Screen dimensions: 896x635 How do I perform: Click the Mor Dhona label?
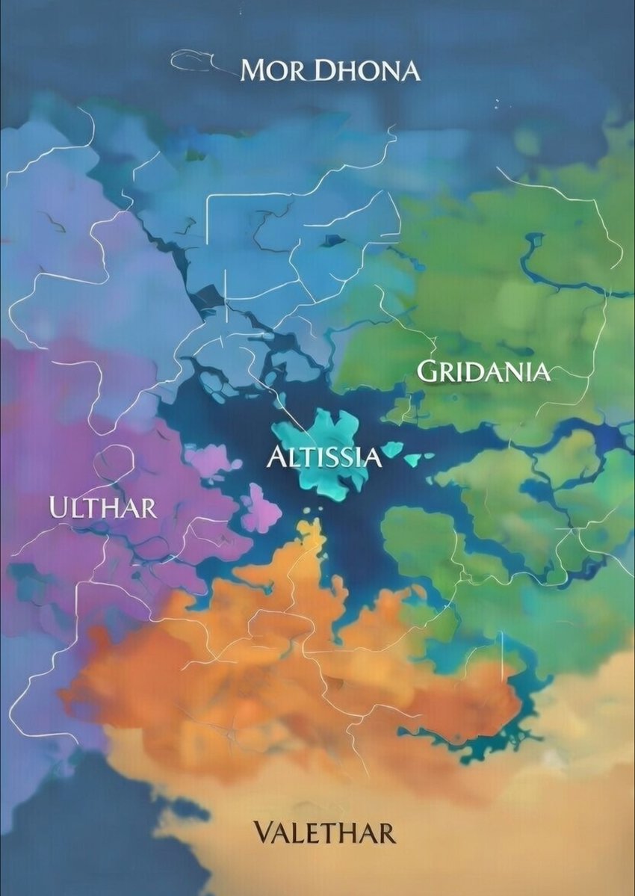pos(329,71)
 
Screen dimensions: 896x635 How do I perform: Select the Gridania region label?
pos(483,371)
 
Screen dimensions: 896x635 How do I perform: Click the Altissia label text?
pos(324,457)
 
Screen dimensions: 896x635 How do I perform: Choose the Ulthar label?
pos(103,507)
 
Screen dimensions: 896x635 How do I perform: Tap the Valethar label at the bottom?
pos(323,832)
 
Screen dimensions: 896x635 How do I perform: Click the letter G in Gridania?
pos(426,371)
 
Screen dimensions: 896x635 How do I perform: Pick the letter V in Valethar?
pos(262,832)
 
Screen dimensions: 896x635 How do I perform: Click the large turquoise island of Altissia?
pos(321,433)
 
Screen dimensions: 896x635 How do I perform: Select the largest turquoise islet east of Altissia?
pos(391,450)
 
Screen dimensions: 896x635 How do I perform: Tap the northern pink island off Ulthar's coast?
pos(211,460)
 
